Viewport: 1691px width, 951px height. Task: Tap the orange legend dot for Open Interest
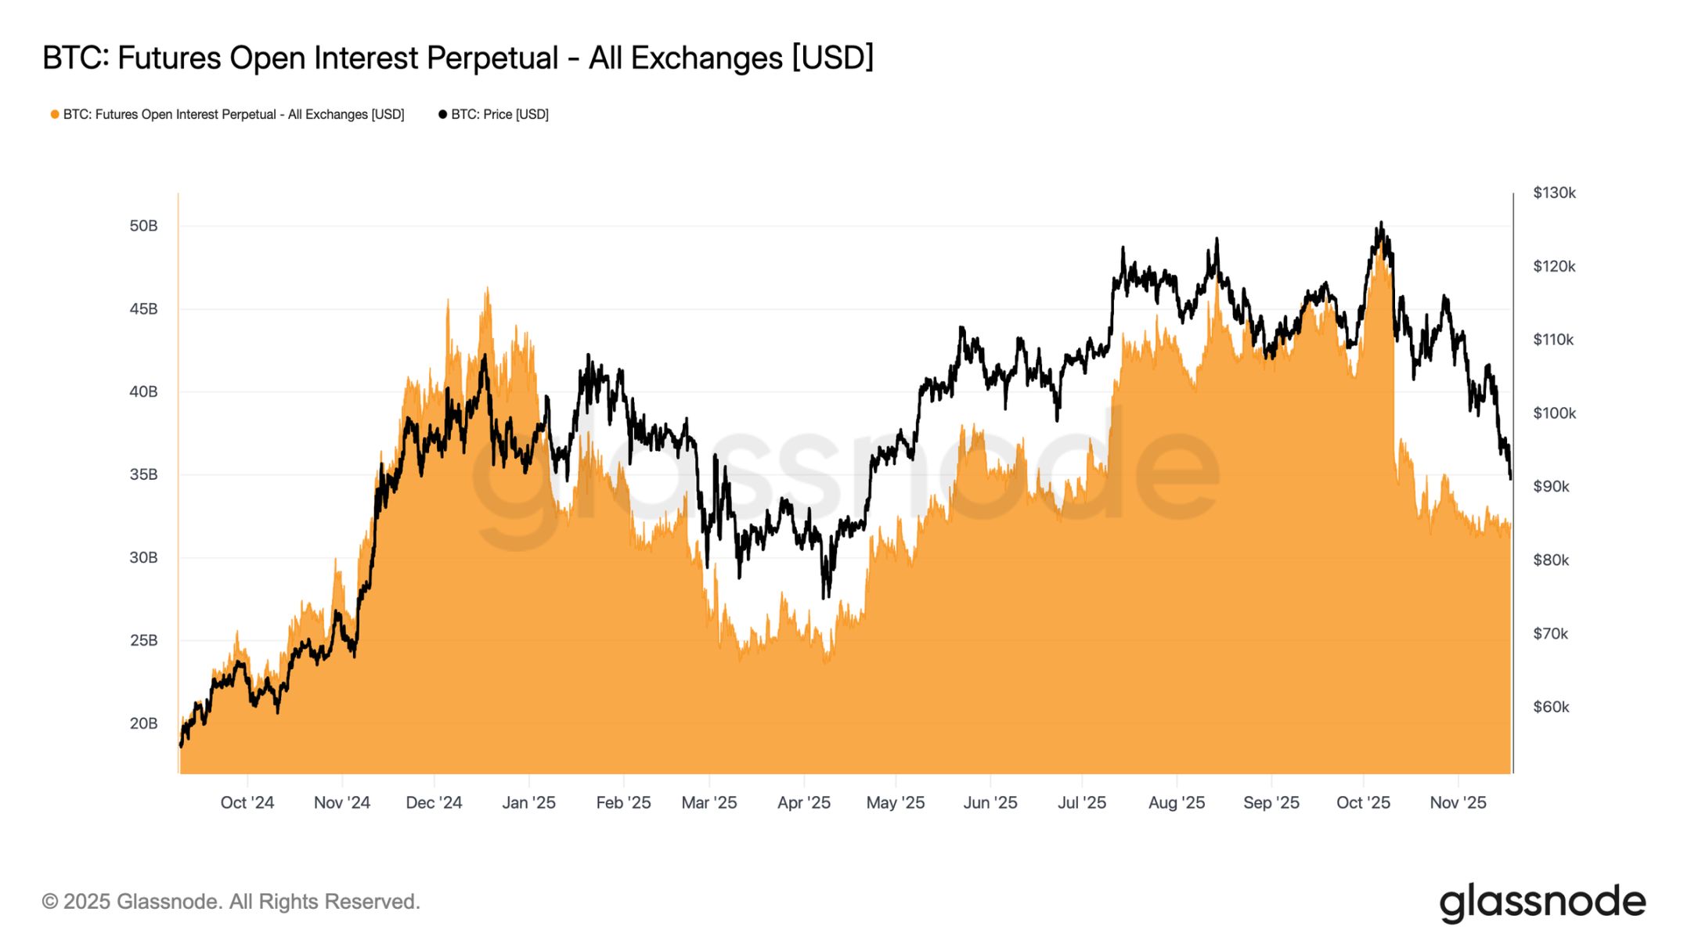tap(55, 114)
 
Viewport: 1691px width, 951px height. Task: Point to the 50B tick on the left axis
tap(143, 226)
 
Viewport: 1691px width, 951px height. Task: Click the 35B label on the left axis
tap(143, 474)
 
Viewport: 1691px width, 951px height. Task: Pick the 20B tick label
tap(143, 723)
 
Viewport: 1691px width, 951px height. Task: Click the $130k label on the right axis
tap(1554, 193)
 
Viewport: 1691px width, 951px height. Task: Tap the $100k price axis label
tap(1554, 413)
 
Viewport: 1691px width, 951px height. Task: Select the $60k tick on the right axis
tap(1551, 707)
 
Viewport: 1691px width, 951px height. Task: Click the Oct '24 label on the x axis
tap(247, 802)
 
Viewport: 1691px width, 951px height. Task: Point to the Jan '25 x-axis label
tap(528, 802)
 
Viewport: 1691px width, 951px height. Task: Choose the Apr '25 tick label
tap(803, 802)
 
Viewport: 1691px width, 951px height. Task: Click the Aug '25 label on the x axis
tap(1176, 802)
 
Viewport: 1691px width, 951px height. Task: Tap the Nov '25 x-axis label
tap(1458, 802)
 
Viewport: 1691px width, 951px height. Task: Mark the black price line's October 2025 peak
tap(1381, 223)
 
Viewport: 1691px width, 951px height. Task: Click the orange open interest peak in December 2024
tap(487, 288)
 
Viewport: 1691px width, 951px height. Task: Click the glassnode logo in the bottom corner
tap(1541, 902)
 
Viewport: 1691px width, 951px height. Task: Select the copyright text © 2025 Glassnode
tap(231, 902)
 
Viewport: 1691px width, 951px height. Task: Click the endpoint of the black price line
tap(1509, 477)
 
